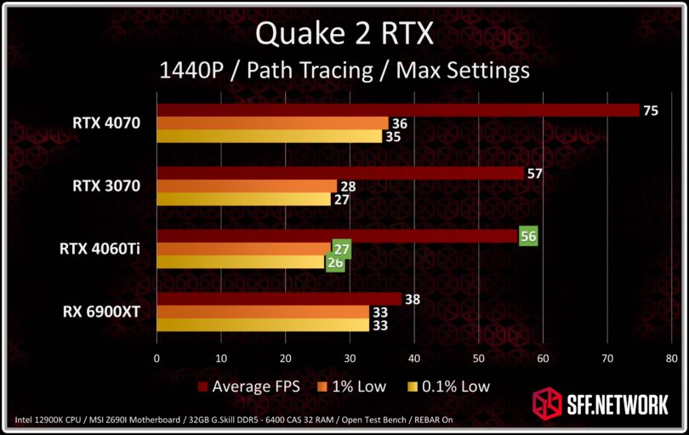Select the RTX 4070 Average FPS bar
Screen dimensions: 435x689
pos(397,111)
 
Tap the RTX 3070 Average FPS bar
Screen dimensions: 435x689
pos(340,174)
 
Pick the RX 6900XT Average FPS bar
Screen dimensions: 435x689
pos(278,300)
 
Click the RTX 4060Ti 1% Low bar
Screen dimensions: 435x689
pos(243,249)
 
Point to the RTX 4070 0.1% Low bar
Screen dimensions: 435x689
pos(269,136)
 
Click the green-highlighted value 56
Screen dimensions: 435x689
pos(528,237)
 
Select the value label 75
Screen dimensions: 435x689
pos(650,110)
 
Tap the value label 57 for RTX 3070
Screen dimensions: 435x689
pos(534,174)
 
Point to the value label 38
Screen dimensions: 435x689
pos(412,299)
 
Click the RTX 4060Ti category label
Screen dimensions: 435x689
pos(100,249)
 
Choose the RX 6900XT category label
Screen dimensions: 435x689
pos(102,312)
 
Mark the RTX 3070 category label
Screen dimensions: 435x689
pos(106,186)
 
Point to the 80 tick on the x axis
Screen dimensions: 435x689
pos(672,358)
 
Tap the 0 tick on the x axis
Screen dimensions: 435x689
pos(157,358)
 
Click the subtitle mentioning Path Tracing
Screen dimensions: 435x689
pos(344,70)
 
